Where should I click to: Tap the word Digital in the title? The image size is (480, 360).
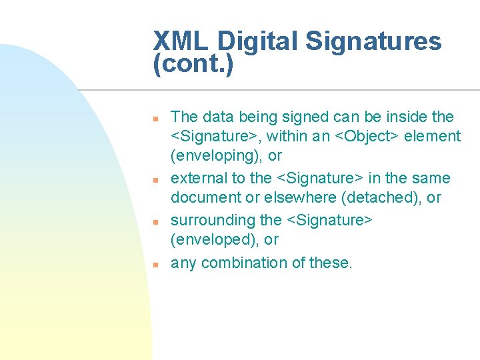point(259,42)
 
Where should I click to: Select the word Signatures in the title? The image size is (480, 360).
point(374,42)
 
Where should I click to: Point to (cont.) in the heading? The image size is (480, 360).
point(193,65)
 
